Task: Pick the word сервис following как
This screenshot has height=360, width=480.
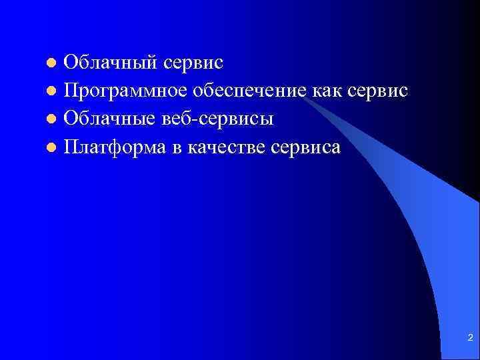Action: [378, 91]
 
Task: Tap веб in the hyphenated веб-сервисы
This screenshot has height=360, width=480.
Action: [177, 119]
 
